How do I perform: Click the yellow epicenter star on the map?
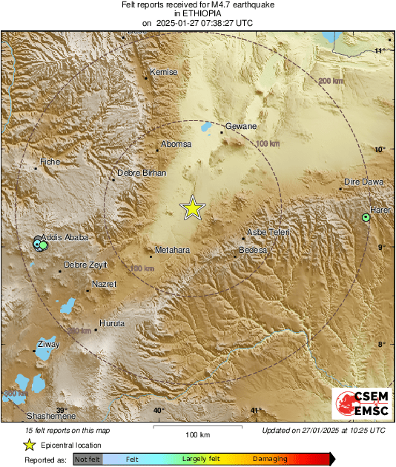click(x=193, y=208)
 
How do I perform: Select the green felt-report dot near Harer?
click(x=366, y=217)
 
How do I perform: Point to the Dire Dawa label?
click(x=363, y=182)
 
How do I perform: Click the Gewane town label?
click(x=240, y=127)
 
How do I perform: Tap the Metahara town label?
click(x=172, y=250)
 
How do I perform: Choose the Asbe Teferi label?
click(x=268, y=232)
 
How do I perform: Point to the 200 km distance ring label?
click(x=331, y=80)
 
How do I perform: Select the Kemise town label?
click(x=164, y=72)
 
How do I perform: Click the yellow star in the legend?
click(x=29, y=445)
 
